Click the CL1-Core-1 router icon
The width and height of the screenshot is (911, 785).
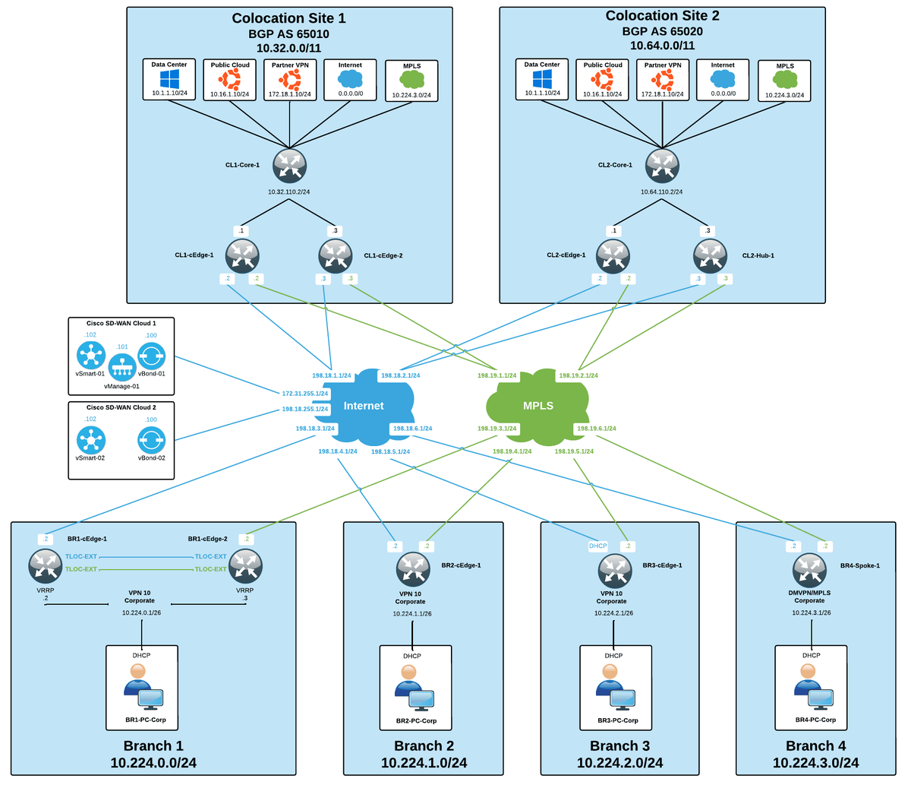pyautogui.click(x=289, y=166)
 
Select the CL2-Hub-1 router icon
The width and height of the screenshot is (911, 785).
pyautogui.click(x=711, y=255)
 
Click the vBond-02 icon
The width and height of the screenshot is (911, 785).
pyautogui.click(x=151, y=439)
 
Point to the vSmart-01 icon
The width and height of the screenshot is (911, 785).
pyautogui.click(x=91, y=354)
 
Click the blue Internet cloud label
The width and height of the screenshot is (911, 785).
pyautogui.click(x=364, y=406)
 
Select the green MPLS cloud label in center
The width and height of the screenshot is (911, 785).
pyautogui.click(x=537, y=406)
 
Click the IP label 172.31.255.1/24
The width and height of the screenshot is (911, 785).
pyautogui.click(x=305, y=394)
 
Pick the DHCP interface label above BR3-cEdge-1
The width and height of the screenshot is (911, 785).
pyautogui.click(x=598, y=546)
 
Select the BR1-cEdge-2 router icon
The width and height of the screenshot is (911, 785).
pyautogui.click(x=245, y=565)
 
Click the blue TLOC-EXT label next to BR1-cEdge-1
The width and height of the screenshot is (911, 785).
pyautogui.click(x=81, y=557)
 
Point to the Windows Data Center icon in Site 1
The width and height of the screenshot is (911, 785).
pyautogui.click(x=169, y=80)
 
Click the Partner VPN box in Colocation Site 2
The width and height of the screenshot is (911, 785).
pyautogui.click(x=663, y=80)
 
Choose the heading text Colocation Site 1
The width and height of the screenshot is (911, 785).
pyautogui.click(x=288, y=18)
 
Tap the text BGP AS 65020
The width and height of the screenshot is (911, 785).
pyautogui.click(x=662, y=32)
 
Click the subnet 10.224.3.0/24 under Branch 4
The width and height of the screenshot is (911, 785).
pyautogui.click(x=815, y=763)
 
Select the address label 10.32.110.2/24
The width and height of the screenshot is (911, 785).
pyautogui.click(x=289, y=192)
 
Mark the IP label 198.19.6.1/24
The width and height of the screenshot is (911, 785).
pyautogui.click(x=596, y=429)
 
